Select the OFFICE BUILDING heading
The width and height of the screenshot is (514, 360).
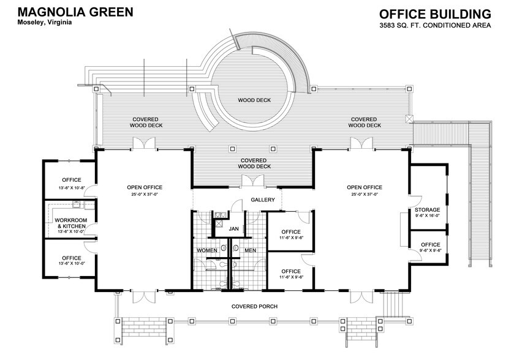coord(435,13)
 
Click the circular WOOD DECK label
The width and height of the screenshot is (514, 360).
coord(254,100)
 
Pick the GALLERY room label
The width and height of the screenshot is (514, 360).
coord(262,200)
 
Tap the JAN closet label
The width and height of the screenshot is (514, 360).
coord(233,229)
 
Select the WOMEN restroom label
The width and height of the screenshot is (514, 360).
coord(207,250)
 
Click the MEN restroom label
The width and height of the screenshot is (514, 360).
coord(250,250)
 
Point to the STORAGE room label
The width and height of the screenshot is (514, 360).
coord(428,210)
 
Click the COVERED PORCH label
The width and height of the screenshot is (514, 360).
coord(255,306)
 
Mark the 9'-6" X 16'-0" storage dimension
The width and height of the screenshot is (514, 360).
coord(428,216)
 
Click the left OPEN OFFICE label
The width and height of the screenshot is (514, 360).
coord(144,187)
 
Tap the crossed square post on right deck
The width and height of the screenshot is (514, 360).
coord(410,118)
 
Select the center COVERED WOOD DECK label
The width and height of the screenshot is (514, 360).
coord(254,163)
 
